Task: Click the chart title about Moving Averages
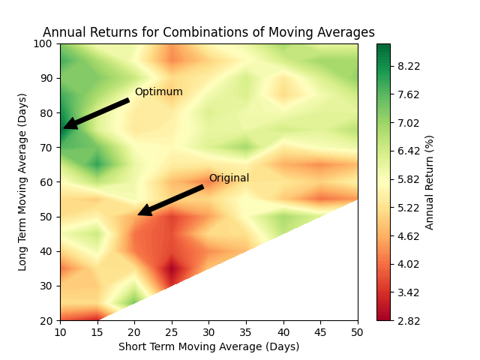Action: [208, 32]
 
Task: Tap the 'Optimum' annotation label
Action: [158, 92]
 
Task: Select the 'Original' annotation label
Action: [229, 178]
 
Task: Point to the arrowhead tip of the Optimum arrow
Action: [64, 127]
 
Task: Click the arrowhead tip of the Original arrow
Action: [139, 215]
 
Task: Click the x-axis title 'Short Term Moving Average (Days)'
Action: [208, 346]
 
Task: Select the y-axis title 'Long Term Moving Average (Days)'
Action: [22, 181]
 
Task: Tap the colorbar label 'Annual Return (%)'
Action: [430, 182]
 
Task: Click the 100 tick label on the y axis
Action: [44, 43]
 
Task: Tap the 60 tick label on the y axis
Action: [47, 182]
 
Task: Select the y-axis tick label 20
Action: [47, 320]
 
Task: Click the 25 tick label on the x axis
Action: [172, 331]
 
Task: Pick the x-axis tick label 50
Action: [358, 331]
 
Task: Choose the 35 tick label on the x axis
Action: [246, 331]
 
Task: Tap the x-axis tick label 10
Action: [60, 331]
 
